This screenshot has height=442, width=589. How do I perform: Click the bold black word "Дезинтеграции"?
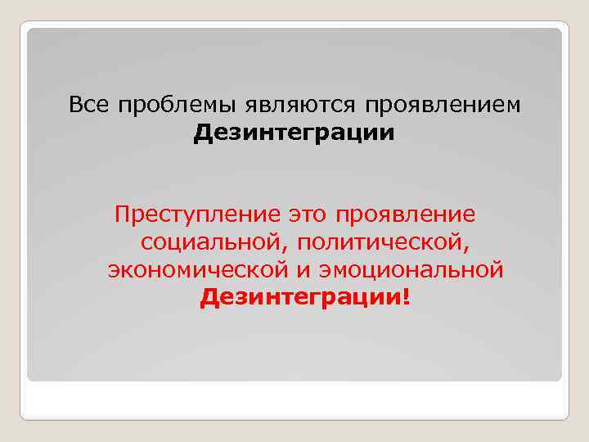[x=294, y=132]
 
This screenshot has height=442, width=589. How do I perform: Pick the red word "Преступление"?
[x=199, y=215]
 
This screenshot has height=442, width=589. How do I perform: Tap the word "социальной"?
[x=215, y=242]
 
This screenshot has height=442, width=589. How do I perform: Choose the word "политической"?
[x=384, y=242]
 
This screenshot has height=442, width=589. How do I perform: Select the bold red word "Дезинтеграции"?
[x=300, y=296]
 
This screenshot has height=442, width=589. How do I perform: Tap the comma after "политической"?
[x=475, y=246]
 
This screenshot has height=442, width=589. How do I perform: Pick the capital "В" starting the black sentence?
[x=76, y=105]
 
